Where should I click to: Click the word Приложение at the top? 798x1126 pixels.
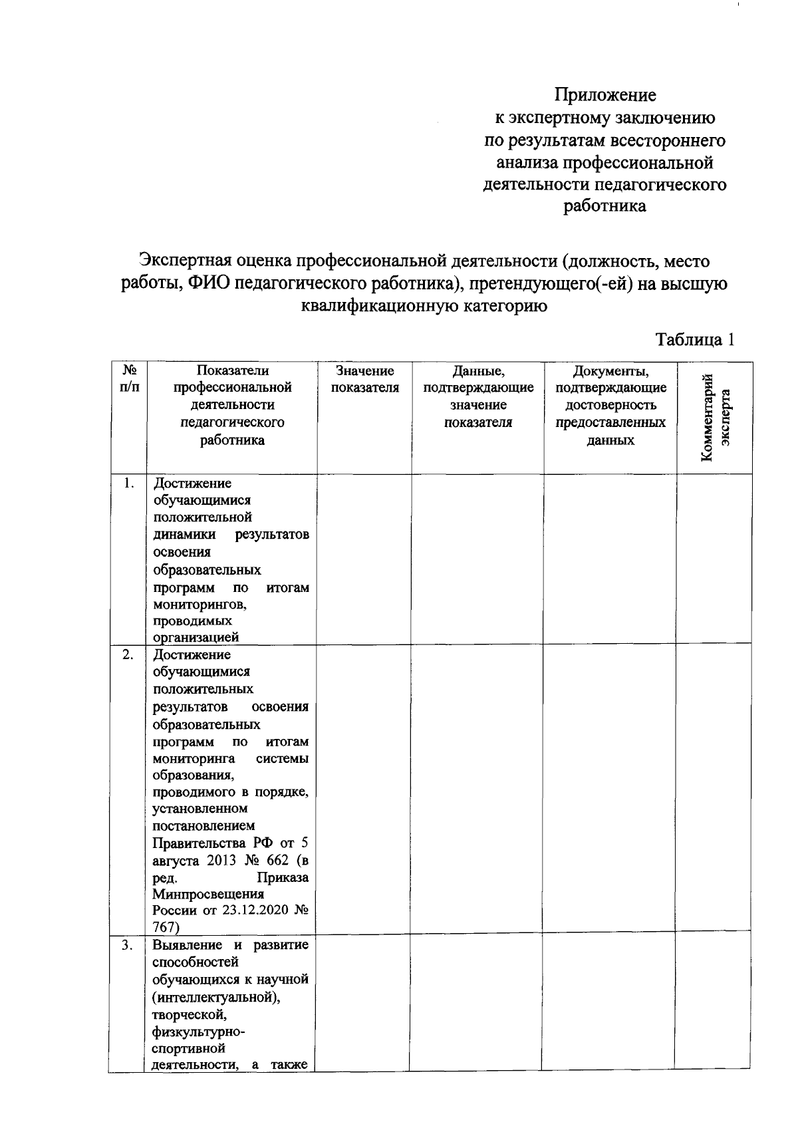coord(605,95)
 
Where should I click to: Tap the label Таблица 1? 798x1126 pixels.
coord(695,339)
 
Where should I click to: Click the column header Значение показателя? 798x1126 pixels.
coord(364,379)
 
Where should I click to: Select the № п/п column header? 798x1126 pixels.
coord(130,379)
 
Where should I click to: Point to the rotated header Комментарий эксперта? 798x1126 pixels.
coord(716,417)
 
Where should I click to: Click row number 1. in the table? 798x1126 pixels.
coord(130,484)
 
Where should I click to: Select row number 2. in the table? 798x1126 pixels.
coord(129,655)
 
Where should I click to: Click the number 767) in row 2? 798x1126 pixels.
coord(166,927)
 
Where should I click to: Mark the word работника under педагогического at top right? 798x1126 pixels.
coord(604,206)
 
